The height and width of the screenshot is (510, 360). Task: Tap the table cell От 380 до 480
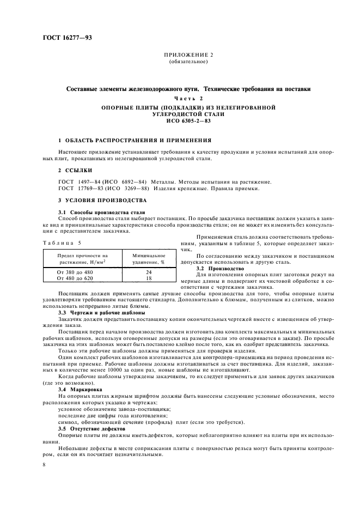(75, 271)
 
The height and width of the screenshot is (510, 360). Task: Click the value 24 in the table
(149, 271)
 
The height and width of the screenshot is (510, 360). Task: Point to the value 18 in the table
(149, 278)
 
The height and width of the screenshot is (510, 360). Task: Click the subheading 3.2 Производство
(215, 269)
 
